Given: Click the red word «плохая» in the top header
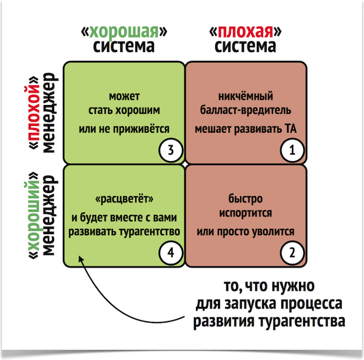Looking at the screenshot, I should click(245, 32).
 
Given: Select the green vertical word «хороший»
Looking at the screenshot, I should click(34, 215).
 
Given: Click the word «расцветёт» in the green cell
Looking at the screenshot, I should click(125, 200).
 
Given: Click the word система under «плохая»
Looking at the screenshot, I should click(245, 47).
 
